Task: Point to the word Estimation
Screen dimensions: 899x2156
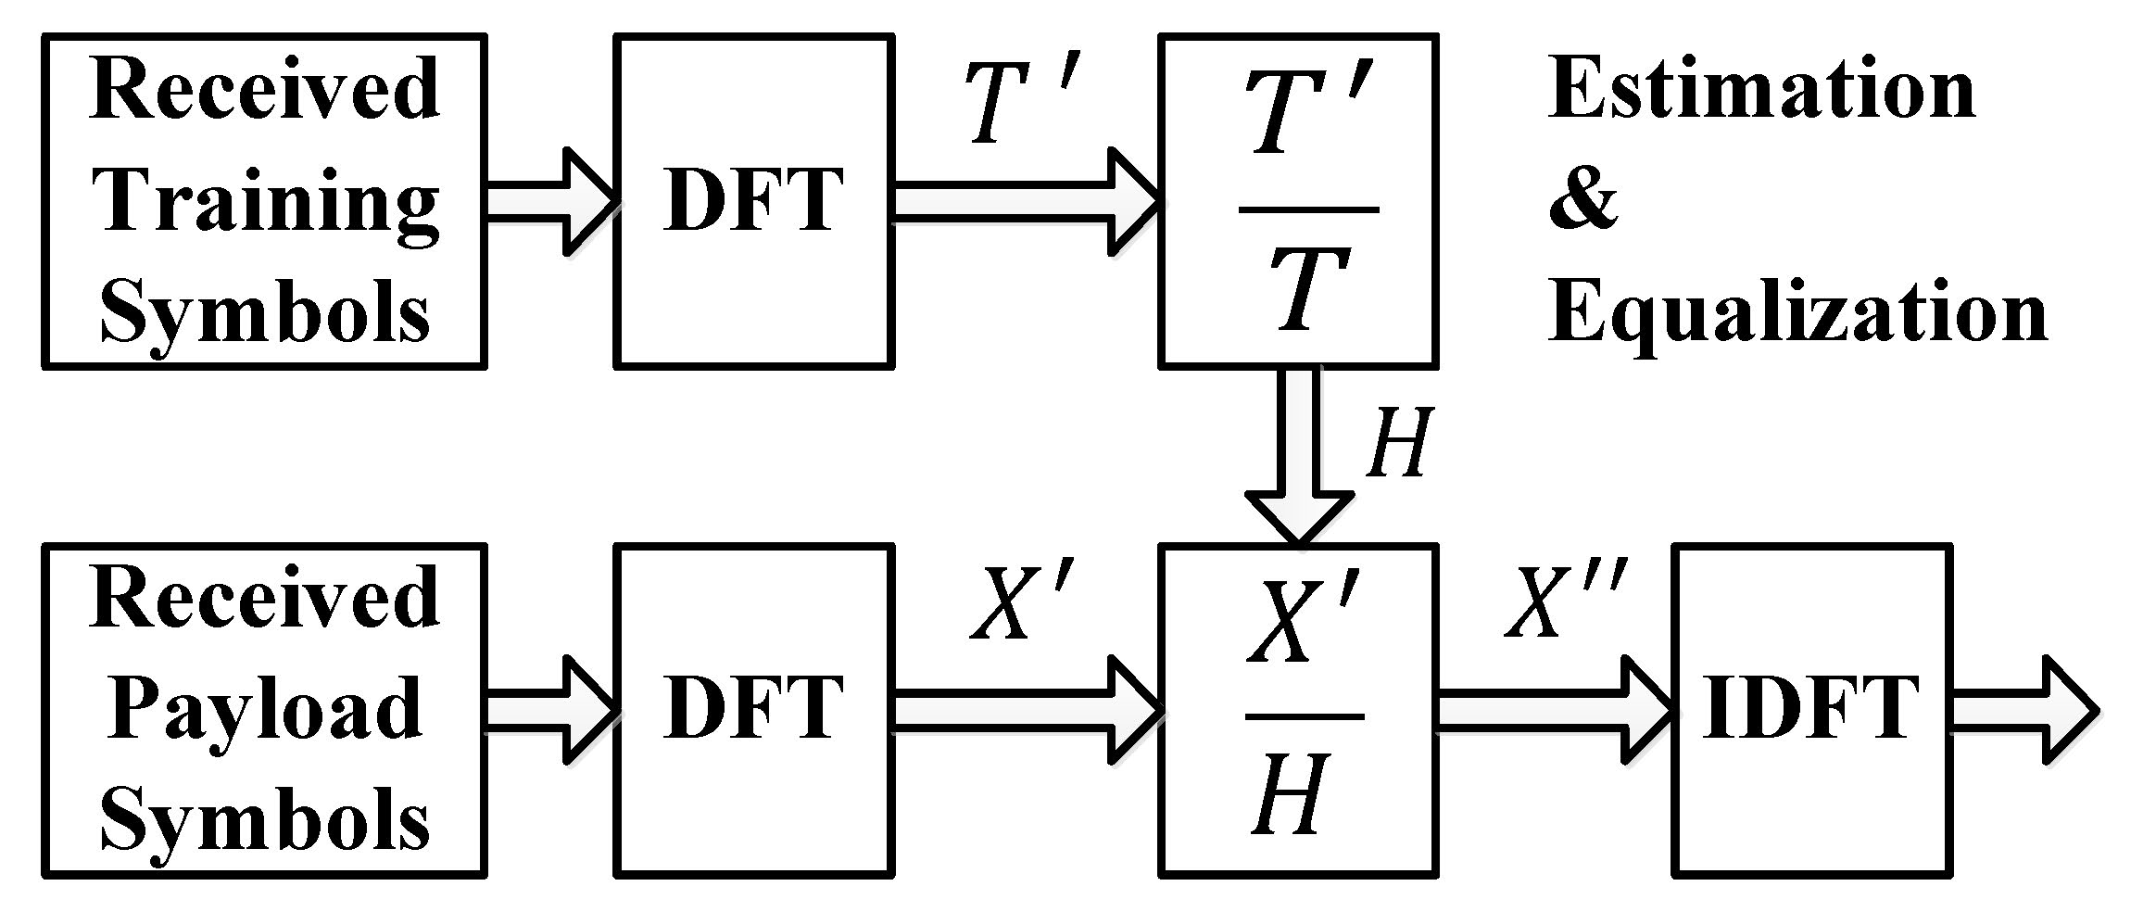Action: (1760, 90)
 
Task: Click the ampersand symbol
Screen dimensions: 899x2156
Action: (1582, 202)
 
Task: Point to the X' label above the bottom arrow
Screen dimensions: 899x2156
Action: (1021, 604)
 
